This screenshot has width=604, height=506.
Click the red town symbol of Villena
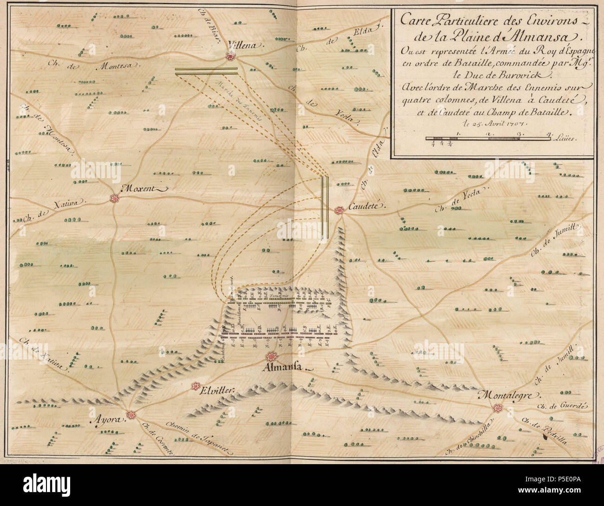pos(230,56)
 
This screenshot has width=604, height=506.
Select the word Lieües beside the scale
pos(565,139)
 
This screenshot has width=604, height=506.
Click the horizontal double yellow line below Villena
pos(206,70)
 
